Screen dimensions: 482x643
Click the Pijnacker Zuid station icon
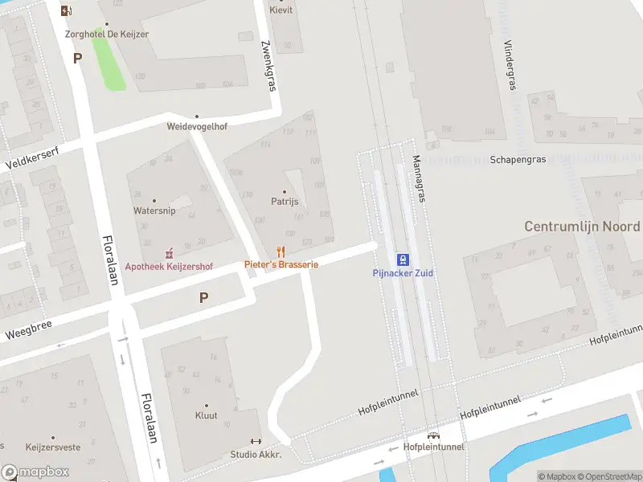403,259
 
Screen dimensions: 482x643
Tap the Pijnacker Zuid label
403,273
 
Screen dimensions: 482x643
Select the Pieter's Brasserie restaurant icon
281,251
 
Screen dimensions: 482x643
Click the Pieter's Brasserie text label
281,264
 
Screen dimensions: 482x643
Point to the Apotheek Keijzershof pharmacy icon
169,253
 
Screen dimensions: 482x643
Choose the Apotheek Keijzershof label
169,266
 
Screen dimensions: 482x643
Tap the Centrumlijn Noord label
582,227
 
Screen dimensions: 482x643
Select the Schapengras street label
518,159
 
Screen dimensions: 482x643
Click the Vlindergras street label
508,65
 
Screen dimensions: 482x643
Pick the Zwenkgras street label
268,67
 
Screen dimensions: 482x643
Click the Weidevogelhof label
197,127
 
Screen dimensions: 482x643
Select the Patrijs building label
285,202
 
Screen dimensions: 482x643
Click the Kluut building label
207,415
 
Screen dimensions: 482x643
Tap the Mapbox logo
35,472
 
